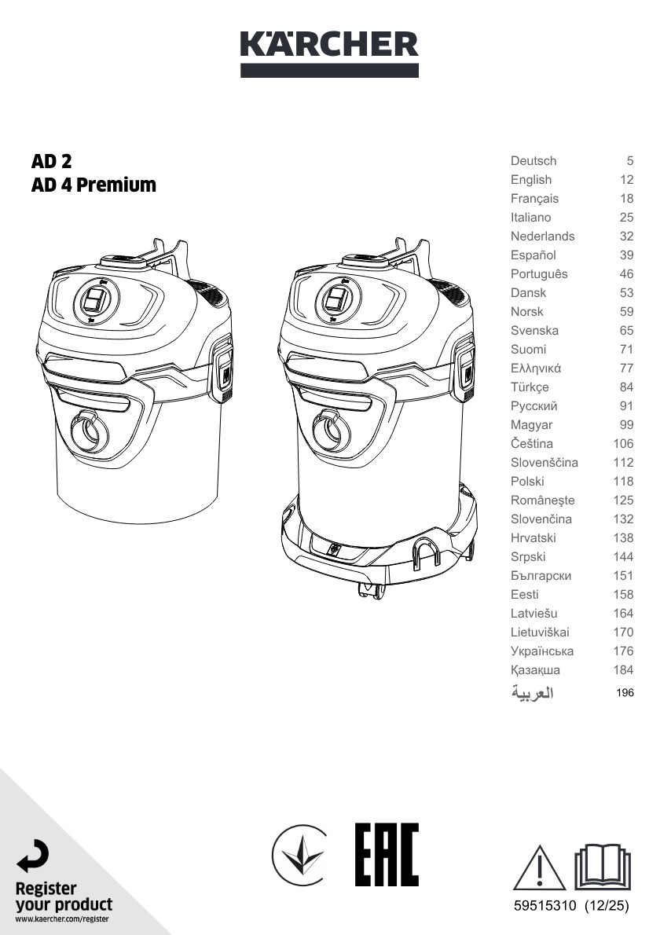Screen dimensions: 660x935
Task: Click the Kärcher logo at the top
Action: coord(329,53)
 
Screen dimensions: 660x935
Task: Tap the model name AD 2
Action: coord(51,161)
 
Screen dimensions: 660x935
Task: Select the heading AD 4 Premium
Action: coord(93,185)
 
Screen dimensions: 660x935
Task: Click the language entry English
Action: coord(530,179)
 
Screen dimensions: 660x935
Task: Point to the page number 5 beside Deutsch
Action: coord(629,160)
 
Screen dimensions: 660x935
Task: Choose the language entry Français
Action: coord(534,199)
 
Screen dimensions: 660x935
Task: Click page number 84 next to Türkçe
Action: coord(626,387)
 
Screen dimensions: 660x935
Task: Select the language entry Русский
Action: coord(533,406)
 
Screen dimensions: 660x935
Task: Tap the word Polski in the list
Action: coord(527,481)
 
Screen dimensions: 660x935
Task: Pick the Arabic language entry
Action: coord(532,693)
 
